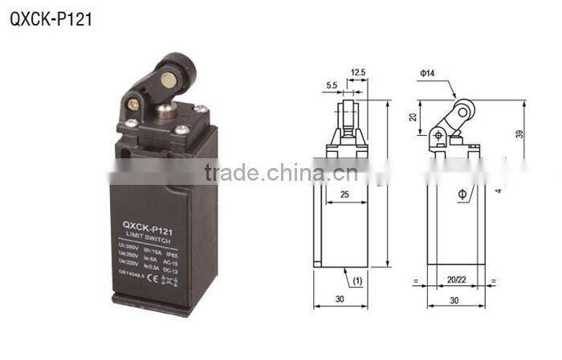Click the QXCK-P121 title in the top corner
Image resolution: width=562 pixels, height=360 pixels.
pos(51,18)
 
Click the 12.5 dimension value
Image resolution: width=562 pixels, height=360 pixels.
pos(358,73)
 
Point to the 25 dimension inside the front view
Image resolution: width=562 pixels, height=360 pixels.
pos(344,195)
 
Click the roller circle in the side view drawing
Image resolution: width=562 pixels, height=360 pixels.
pos(464,111)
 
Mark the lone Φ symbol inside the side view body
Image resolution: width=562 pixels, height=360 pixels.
pos(462,194)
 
